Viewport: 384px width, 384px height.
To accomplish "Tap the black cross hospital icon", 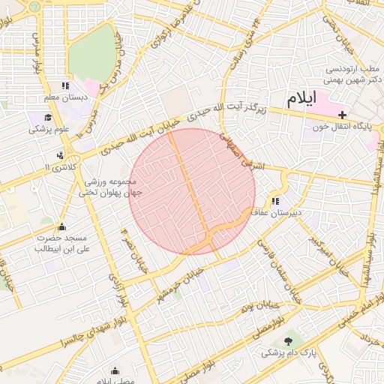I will [x=343, y=115].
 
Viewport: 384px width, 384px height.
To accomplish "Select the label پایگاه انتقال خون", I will [x=345, y=127].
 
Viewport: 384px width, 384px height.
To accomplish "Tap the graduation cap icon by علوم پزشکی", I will [x=48, y=118].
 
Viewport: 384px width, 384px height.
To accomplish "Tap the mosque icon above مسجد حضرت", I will [x=61, y=227].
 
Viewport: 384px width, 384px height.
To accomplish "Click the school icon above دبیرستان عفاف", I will [x=275, y=200].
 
